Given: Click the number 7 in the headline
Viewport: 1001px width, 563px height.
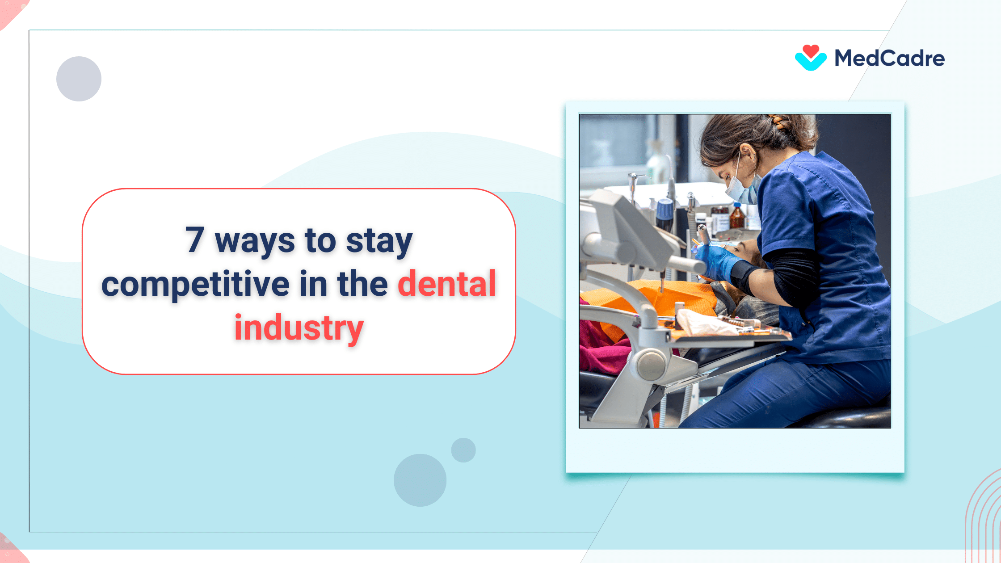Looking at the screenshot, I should tap(195, 240).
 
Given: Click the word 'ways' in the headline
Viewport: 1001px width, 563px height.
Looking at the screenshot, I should tap(255, 241).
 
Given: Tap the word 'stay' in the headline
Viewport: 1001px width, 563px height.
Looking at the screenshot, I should tap(379, 241).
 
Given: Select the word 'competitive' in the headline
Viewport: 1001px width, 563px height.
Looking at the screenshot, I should tap(195, 284).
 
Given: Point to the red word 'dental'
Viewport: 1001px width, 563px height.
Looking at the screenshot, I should tap(446, 284).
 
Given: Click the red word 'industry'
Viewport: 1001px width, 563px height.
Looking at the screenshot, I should tap(299, 328).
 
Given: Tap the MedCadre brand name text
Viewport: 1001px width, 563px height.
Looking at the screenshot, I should tap(889, 59).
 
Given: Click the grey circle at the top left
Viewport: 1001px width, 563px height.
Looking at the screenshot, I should tap(79, 79).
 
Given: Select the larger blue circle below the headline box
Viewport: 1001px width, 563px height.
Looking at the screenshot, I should tap(420, 480).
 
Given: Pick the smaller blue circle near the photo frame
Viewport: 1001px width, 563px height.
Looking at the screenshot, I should tap(463, 450).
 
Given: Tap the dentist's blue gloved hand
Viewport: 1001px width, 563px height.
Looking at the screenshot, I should tap(715, 261).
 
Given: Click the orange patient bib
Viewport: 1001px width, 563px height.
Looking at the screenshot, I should tap(670, 297).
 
